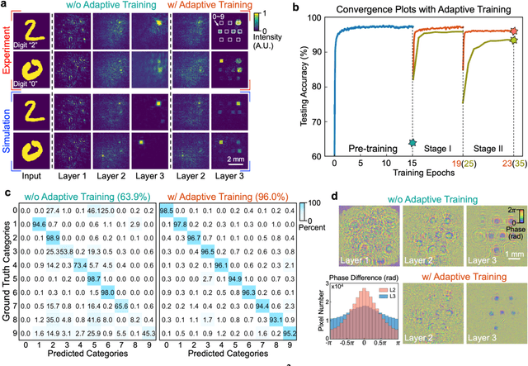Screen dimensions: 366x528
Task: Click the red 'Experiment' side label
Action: point(7,62)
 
